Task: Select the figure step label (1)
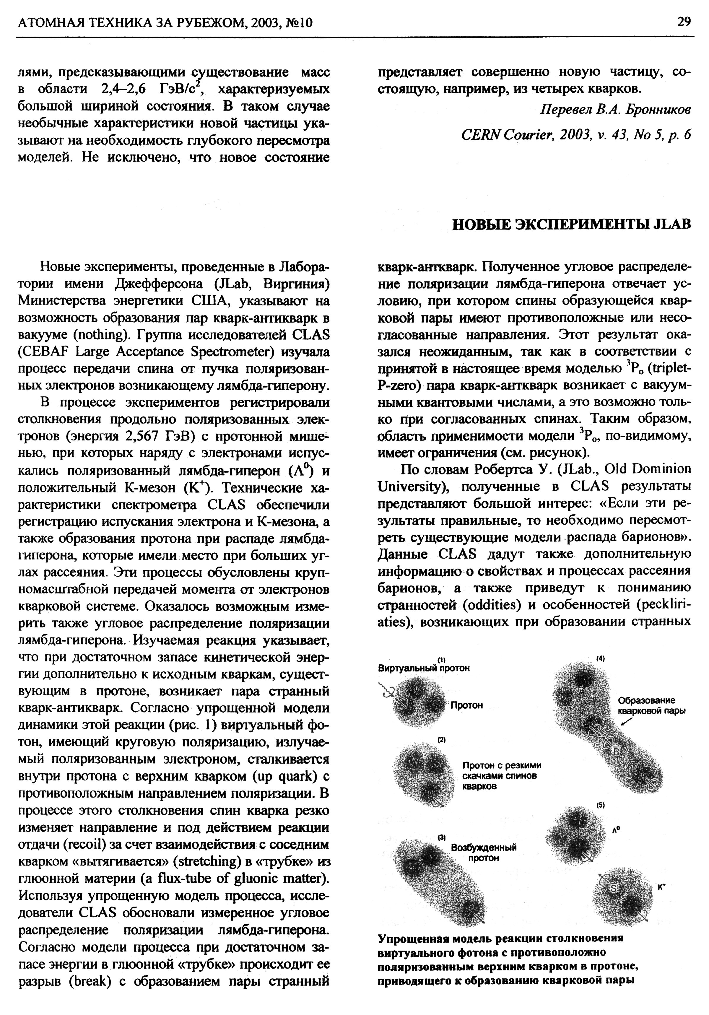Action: tap(441, 660)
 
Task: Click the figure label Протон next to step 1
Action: tap(466, 705)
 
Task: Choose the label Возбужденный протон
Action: tap(484, 852)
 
